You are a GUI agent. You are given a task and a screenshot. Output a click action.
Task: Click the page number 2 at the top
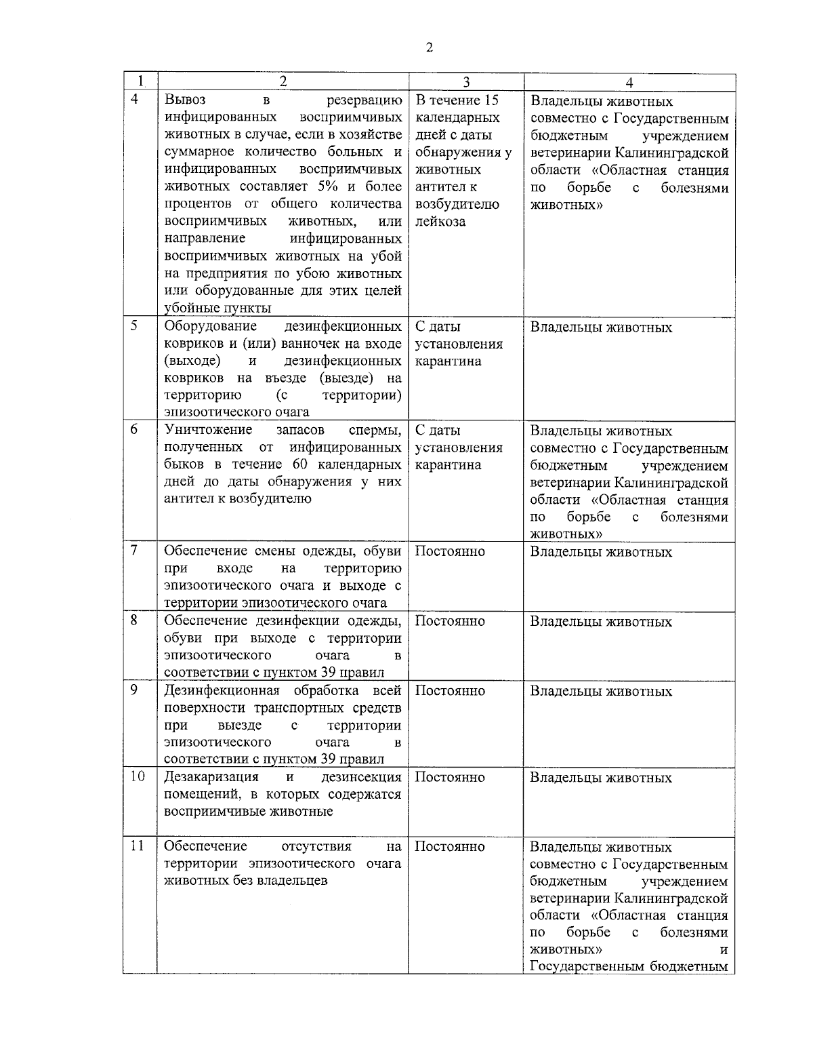[430, 47]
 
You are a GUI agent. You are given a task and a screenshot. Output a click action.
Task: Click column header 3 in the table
[466, 82]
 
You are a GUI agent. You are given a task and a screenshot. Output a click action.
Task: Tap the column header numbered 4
[629, 83]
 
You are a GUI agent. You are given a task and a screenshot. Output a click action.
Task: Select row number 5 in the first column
[135, 325]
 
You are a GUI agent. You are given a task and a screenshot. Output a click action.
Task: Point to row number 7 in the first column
[135, 550]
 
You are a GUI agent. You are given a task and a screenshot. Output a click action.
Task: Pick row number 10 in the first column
[138, 776]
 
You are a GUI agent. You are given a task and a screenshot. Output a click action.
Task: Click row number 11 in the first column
[138, 846]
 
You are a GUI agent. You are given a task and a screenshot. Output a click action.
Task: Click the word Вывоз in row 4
[186, 100]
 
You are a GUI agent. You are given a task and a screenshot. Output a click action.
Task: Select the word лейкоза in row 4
[440, 222]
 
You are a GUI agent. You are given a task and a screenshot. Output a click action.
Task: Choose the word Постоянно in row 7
[450, 551]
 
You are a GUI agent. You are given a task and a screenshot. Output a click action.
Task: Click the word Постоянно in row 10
[450, 777]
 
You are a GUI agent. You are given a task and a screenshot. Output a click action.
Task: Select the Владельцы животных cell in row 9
[601, 692]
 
